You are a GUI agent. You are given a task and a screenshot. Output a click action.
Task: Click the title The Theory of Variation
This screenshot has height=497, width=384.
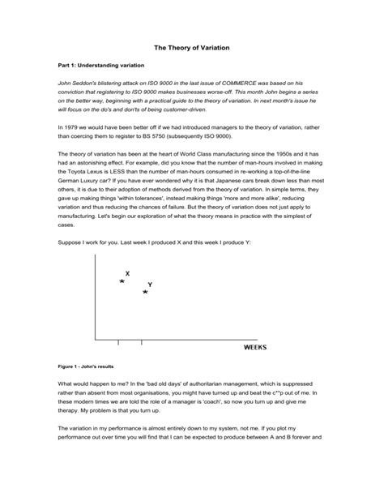(192, 49)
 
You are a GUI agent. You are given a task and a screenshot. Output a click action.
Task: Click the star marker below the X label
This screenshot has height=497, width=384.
(122, 281)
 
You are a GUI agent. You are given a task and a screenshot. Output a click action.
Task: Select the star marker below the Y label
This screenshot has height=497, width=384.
(145, 292)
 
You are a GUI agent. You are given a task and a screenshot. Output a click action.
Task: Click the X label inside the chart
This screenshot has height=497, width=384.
(128, 274)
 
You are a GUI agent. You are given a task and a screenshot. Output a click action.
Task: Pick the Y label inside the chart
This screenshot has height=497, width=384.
(151, 285)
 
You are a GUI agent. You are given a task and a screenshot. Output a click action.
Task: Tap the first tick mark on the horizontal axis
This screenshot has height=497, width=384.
(119, 342)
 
